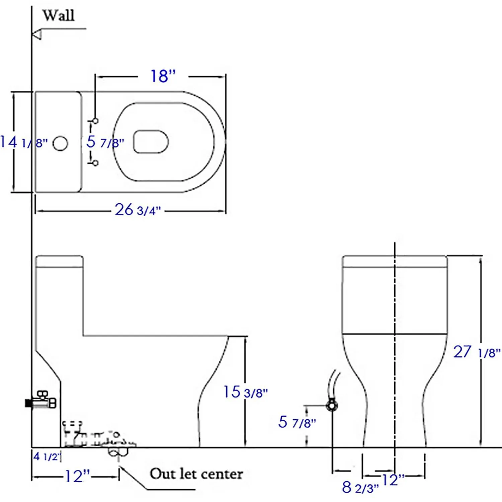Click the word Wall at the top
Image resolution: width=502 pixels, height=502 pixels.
pyautogui.click(x=58, y=15)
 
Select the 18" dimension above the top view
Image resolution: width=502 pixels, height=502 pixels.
pyautogui.click(x=163, y=76)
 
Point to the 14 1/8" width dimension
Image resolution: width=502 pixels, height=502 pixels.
pyautogui.click(x=23, y=142)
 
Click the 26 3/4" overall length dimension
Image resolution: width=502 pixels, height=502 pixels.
pyautogui.click(x=138, y=210)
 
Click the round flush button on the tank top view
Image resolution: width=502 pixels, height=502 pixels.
pyautogui.click(x=60, y=143)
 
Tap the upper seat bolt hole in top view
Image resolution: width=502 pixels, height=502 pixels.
pyautogui.click(x=95, y=121)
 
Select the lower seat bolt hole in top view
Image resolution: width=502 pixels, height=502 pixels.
pyautogui.click(x=95, y=163)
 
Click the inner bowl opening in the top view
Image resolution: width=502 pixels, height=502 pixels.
pyautogui.click(x=151, y=141)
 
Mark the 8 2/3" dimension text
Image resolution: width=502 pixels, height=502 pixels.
pyautogui.click(x=360, y=487)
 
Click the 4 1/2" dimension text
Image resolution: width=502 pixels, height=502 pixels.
pyautogui.click(x=47, y=456)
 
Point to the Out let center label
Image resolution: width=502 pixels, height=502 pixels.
pyautogui.click(x=196, y=474)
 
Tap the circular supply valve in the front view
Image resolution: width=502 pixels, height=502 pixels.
pyautogui.click(x=332, y=406)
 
